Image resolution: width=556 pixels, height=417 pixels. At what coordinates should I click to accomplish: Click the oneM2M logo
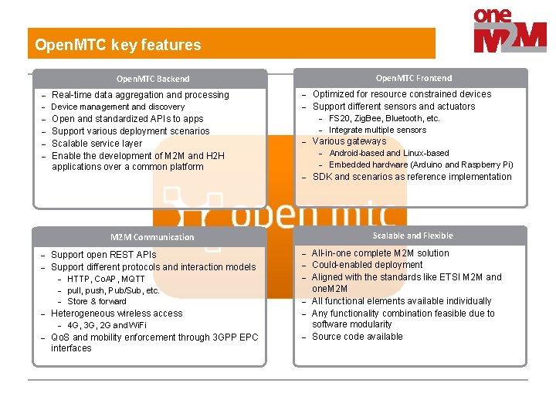(x=510, y=32)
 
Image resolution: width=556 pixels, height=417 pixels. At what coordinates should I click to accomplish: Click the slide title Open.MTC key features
(x=117, y=45)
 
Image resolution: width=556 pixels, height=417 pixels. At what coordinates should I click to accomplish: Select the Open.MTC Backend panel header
(x=152, y=79)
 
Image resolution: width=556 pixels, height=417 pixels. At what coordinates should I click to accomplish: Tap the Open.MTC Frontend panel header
(x=413, y=78)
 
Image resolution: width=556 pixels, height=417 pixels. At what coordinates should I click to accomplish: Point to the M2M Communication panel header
(x=152, y=237)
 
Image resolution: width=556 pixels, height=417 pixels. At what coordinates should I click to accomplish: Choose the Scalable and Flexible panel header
(x=412, y=236)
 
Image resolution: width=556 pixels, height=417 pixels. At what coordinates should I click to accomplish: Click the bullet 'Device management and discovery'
(x=117, y=107)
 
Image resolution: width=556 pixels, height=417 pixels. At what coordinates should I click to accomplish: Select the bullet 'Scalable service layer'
(x=97, y=143)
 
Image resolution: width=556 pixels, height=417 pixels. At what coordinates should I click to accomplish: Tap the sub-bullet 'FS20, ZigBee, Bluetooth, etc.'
(x=384, y=118)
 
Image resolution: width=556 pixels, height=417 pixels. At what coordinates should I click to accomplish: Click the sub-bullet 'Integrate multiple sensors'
(x=377, y=130)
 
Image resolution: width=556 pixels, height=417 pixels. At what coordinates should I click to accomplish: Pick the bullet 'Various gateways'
(x=348, y=141)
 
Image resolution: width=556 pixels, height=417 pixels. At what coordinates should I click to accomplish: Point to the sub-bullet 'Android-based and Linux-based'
(x=388, y=153)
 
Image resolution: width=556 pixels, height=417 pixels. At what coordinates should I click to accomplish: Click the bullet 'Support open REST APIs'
(x=103, y=255)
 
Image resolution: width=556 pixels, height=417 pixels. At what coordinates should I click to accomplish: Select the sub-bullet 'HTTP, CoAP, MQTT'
(x=106, y=279)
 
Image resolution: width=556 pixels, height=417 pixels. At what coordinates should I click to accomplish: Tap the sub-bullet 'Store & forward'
(x=97, y=301)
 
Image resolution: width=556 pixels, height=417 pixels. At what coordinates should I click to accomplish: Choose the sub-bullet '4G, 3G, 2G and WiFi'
(x=107, y=325)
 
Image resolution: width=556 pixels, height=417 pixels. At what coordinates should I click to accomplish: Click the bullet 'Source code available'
(x=357, y=337)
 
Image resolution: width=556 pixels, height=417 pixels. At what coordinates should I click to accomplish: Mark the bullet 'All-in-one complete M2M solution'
(x=380, y=253)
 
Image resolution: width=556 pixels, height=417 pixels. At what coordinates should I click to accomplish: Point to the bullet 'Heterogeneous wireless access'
(x=116, y=314)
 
